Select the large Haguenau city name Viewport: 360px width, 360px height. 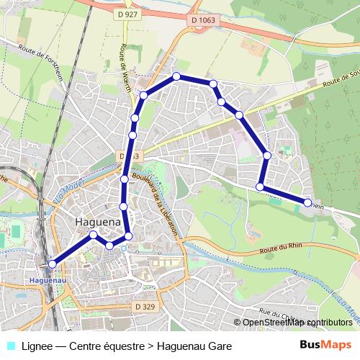pos(98,223)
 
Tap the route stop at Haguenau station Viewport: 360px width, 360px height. pos(52,264)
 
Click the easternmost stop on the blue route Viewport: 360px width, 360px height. pos(308,203)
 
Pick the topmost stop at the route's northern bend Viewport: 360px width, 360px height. pos(176,76)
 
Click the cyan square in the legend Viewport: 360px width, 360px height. pos(11,346)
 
